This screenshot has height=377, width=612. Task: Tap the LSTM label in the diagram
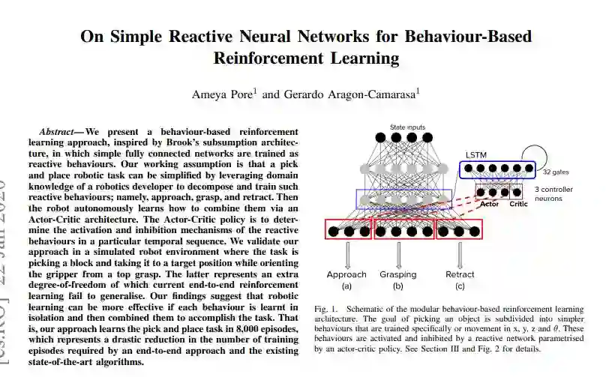(x=475, y=155)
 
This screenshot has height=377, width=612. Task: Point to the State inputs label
(x=407, y=127)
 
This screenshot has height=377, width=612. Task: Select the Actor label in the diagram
(x=489, y=204)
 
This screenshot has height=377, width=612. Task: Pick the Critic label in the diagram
(x=517, y=204)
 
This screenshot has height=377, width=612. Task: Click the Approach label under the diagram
(x=346, y=274)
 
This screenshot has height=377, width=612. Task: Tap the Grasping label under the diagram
(x=397, y=274)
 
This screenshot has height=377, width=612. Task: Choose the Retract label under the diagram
(x=460, y=274)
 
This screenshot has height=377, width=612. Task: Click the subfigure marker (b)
(x=397, y=286)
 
